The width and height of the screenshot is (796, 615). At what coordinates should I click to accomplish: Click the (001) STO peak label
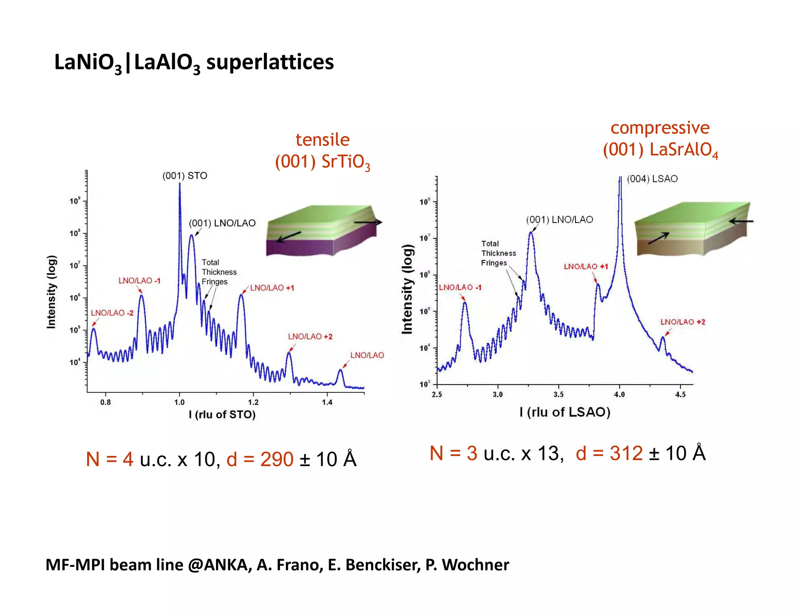pos(185,176)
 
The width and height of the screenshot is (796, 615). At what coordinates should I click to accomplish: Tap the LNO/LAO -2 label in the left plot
pos(112,313)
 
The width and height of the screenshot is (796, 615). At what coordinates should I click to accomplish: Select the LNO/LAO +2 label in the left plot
pos(310,337)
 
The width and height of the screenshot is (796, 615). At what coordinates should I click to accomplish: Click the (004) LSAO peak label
pos(652,179)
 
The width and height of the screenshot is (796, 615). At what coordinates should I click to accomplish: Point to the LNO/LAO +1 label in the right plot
pos(586,267)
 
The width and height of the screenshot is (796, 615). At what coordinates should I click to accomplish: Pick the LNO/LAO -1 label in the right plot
pos(460,288)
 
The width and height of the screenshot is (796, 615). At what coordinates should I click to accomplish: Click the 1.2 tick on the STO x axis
pos(253,402)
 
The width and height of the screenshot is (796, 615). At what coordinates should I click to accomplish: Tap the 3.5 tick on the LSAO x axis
pos(559,395)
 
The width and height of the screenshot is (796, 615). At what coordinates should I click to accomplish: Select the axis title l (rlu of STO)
pos(222,415)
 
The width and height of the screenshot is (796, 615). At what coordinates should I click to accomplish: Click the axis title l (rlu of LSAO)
pos(565,412)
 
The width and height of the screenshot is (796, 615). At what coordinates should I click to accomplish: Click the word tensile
pos(323,140)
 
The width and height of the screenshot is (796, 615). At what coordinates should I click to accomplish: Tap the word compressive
pos(660,128)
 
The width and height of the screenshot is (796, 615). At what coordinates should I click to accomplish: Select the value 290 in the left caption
pos(277,460)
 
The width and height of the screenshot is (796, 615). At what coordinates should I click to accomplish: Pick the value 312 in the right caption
pos(626,453)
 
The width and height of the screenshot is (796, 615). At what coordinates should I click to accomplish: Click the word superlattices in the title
pos(270,62)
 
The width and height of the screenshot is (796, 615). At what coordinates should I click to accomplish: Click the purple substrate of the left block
pos(299,247)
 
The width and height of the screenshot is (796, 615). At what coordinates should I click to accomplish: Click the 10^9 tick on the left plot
pos(75,201)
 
